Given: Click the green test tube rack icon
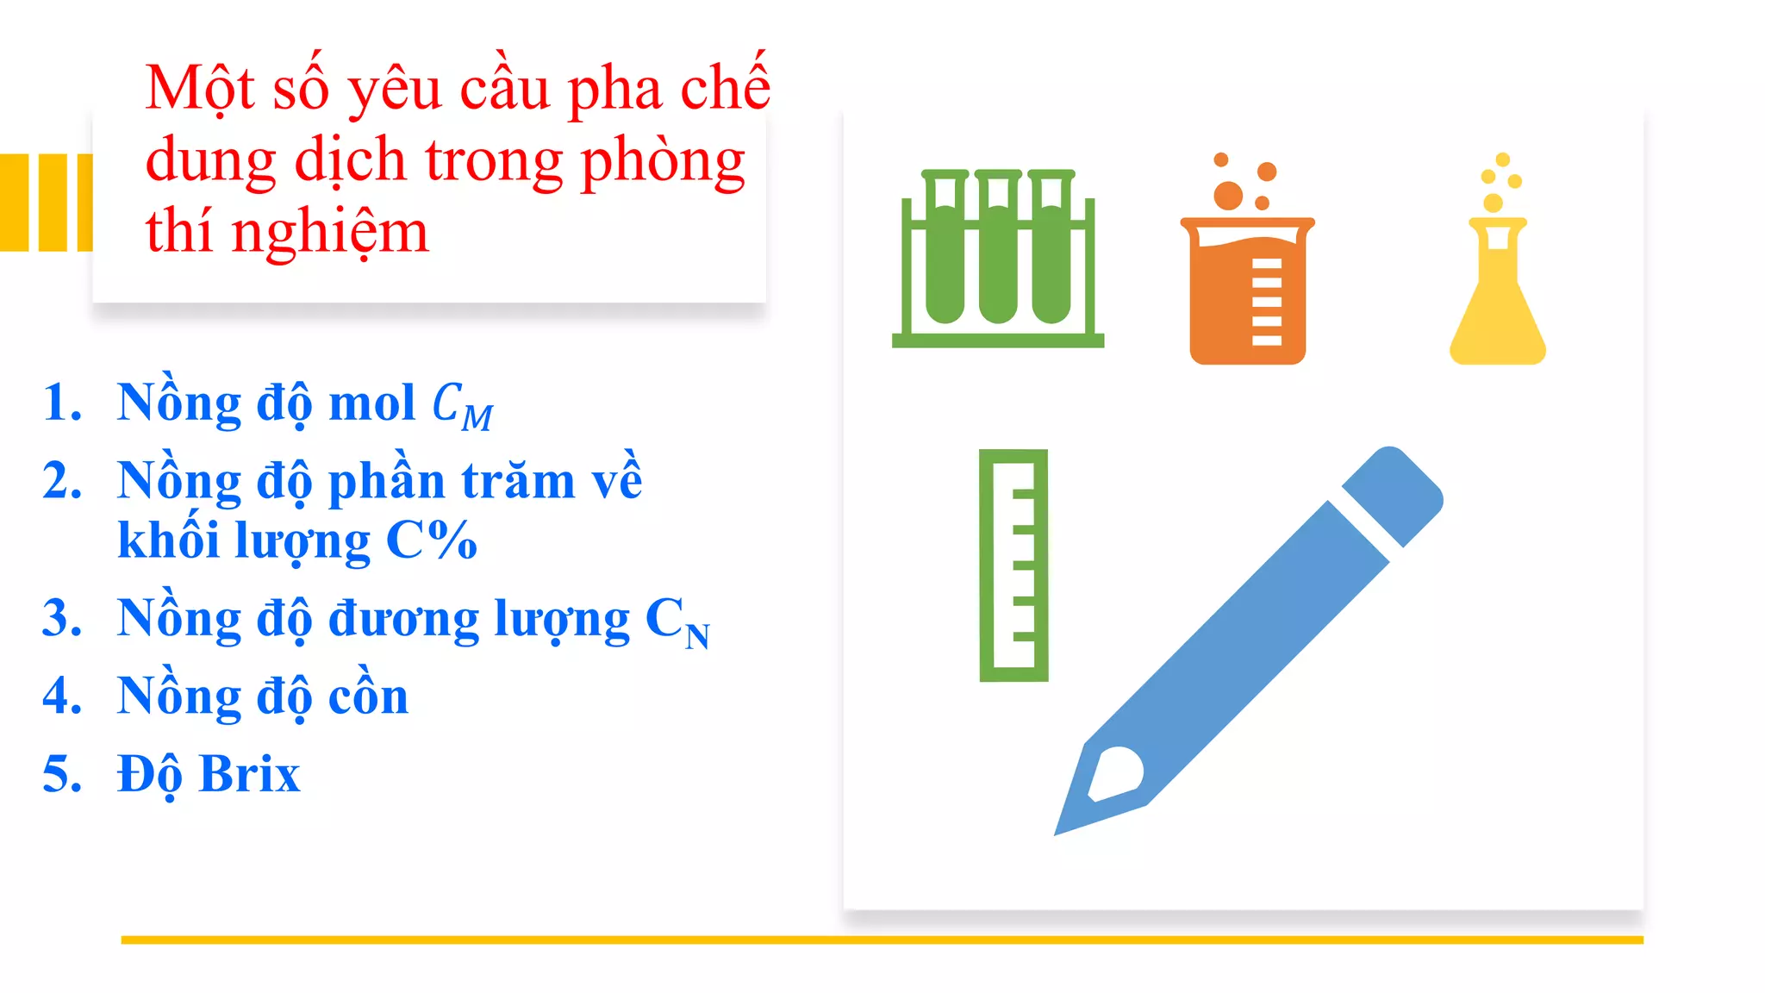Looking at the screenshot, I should [x=997, y=259].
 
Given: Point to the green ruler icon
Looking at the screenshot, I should [x=1013, y=565].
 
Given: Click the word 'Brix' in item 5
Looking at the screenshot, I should [x=249, y=774].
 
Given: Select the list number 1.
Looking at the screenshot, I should [x=62, y=403].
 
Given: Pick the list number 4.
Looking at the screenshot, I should [x=62, y=696].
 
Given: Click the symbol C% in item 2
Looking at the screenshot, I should [x=431, y=540].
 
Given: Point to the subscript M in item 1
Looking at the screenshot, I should [x=477, y=418].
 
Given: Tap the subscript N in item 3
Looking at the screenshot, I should [x=698, y=636].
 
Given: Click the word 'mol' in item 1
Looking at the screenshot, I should [x=372, y=403].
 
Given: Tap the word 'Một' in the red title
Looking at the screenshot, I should [x=200, y=88].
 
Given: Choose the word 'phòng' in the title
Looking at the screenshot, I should [x=663, y=161].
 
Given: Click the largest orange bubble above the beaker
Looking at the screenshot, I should [x=1228, y=196].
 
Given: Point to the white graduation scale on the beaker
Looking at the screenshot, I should [x=1266, y=302].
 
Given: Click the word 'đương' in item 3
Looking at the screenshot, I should [x=403, y=619].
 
